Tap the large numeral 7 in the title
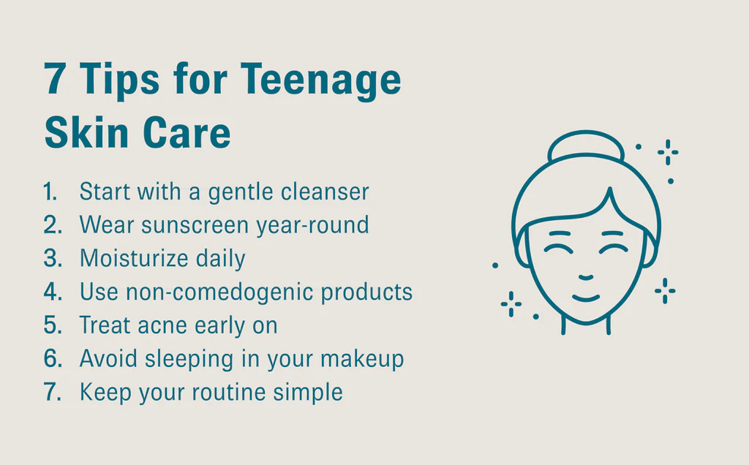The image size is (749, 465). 54,79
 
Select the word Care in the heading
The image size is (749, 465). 187,132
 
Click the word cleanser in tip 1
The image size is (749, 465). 325,192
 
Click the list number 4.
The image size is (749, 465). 53,292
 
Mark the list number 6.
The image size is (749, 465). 53,358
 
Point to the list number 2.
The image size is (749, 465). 53,225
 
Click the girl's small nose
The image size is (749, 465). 586,277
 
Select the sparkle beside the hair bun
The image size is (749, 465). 668,152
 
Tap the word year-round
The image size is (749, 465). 313,225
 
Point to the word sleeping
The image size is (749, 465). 189,359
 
